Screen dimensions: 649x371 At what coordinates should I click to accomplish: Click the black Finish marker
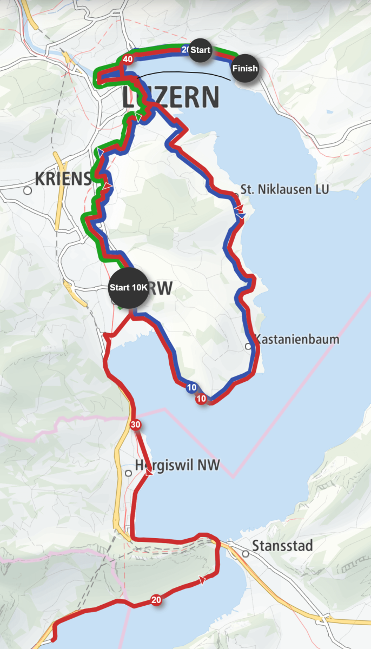click(245, 69)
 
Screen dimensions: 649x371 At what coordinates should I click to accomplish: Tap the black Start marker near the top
click(200, 50)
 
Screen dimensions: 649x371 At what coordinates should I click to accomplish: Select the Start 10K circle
click(128, 288)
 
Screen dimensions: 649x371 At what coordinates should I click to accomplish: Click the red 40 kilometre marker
click(128, 59)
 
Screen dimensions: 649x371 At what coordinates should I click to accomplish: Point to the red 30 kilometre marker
click(135, 425)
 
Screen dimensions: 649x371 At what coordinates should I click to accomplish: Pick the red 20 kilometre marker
click(156, 600)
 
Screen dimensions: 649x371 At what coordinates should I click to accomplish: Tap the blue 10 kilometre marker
click(191, 388)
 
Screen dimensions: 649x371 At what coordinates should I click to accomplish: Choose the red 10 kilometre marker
click(201, 399)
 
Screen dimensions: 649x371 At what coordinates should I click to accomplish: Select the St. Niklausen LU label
click(284, 189)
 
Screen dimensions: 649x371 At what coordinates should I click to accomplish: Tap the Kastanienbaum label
click(297, 340)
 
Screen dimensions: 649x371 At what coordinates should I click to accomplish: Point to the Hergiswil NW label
click(177, 465)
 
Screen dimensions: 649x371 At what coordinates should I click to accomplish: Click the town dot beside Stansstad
click(246, 554)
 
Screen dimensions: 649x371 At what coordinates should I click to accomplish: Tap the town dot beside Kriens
click(28, 190)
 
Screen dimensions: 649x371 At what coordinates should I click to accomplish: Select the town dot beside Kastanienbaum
click(248, 346)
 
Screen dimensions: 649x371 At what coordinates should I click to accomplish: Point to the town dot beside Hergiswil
click(128, 473)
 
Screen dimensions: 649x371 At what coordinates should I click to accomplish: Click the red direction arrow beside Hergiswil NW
click(149, 472)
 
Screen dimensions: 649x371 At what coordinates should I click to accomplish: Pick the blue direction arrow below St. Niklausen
click(241, 216)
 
